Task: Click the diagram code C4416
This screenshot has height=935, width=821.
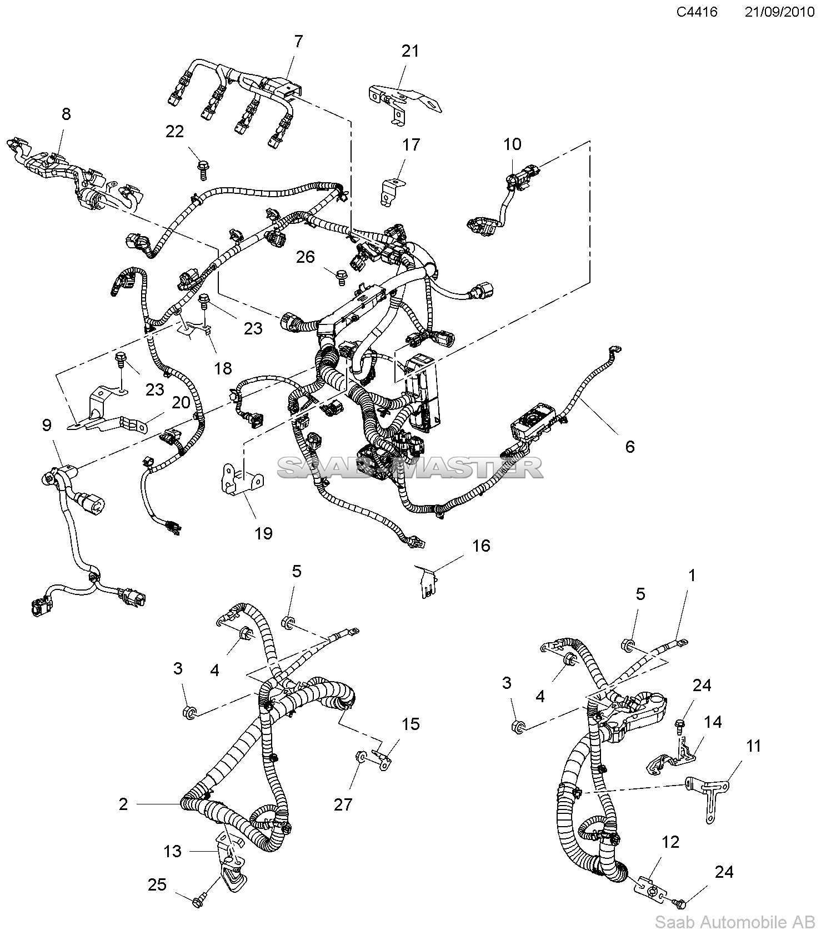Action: click(697, 12)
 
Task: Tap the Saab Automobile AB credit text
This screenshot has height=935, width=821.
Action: click(735, 923)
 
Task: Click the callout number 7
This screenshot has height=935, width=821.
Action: click(298, 42)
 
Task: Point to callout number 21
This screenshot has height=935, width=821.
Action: click(410, 51)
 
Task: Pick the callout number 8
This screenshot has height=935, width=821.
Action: click(66, 114)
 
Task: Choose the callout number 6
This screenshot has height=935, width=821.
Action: click(630, 446)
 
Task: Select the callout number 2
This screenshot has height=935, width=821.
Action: click(123, 804)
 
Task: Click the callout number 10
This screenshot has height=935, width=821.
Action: click(512, 144)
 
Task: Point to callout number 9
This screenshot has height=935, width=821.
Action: click(47, 426)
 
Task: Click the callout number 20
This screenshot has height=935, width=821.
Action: click(181, 402)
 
